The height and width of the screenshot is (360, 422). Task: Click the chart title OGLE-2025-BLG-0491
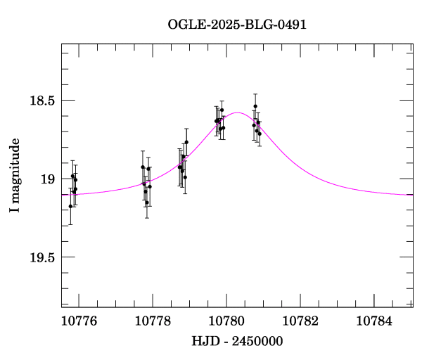237,25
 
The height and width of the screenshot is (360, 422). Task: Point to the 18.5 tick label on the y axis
41,101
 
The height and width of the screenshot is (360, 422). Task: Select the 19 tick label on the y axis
47,179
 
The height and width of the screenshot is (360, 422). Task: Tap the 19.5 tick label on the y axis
41,257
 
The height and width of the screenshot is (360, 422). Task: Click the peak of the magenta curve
238,112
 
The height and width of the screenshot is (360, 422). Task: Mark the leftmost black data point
70,206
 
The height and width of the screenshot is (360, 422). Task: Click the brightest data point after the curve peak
255,106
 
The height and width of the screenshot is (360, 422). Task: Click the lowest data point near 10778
147,202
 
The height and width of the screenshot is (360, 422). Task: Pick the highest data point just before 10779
186,142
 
